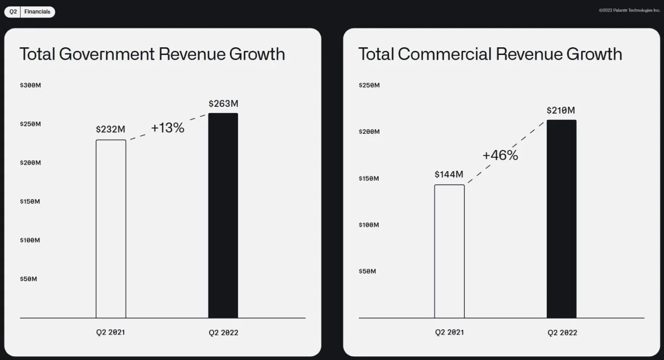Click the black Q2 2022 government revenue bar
[x=223, y=216]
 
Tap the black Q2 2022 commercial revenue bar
[x=561, y=219]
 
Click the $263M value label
[x=223, y=104]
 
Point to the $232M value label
[x=110, y=129]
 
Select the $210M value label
[x=561, y=110]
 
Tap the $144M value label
[x=449, y=174]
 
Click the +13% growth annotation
[x=168, y=128]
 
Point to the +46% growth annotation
[x=501, y=155]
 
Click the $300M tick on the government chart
[x=30, y=86]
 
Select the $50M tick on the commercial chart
[x=367, y=271]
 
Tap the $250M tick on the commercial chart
[x=369, y=86]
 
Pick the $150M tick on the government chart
[x=30, y=202]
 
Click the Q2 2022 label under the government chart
[x=224, y=333]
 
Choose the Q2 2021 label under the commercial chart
[x=449, y=333]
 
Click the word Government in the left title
[x=107, y=54]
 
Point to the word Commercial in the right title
[x=445, y=54]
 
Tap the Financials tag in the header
[x=37, y=11]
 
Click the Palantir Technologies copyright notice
[x=629, y=10]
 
